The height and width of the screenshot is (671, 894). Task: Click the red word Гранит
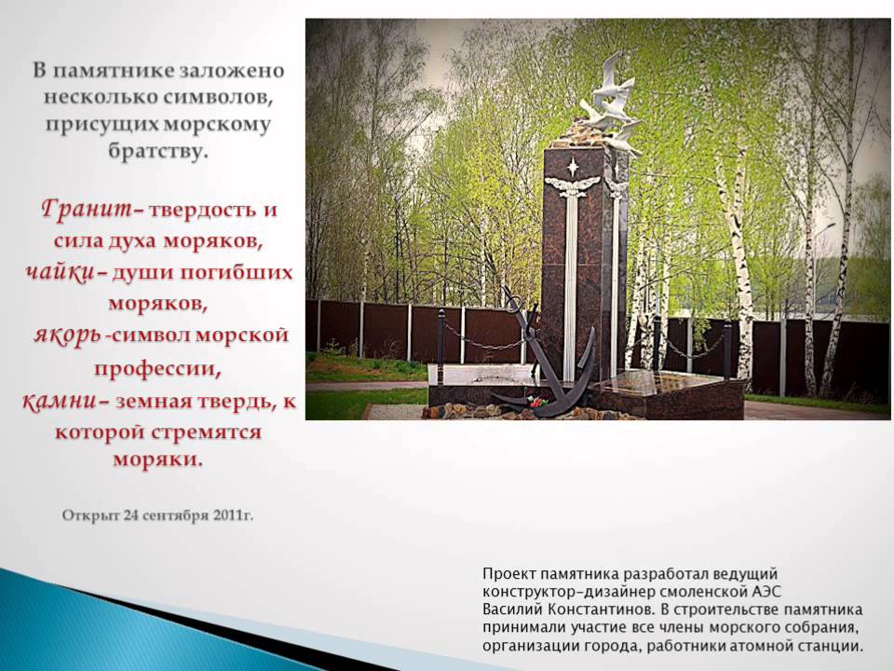[86, 208]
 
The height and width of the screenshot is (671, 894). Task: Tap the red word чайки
[61, 272]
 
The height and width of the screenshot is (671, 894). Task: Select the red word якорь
[67, 335]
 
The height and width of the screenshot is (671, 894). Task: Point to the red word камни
[60, 401]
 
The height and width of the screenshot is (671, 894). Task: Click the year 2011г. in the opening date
[233, 515]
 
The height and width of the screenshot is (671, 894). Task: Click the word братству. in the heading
[155, 152]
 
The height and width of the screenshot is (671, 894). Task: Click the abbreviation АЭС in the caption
[765, 591]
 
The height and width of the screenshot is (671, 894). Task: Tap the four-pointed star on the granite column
[573, 167]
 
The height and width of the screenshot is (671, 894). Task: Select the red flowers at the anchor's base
[536, 401]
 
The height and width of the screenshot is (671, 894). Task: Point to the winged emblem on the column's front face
[573, 186]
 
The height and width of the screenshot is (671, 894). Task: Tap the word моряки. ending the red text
[158, 459]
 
